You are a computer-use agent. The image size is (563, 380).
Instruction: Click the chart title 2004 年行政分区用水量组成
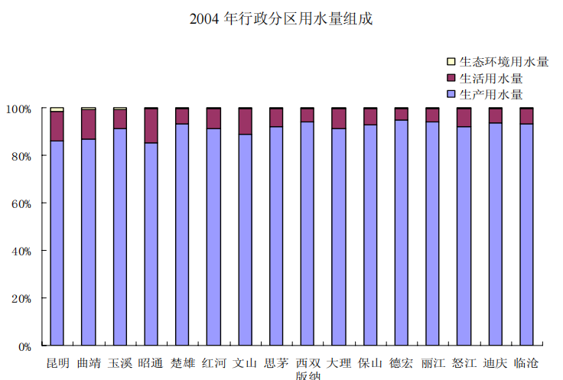click(x=281, y=19)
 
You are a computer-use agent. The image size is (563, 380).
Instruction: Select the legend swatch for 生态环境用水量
click(x=451, y=62)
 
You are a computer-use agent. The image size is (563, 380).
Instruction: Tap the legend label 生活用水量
click(x=491, y=78)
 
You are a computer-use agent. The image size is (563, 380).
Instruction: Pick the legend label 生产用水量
click(x=491, y=95)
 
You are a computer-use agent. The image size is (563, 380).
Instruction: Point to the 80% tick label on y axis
click(x=21, y=157)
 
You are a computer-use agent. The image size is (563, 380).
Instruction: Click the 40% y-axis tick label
click(x=21, y=252)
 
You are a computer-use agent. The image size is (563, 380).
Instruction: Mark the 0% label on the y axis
click(x=24, y=347)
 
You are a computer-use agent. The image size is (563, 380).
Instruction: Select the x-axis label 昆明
click(x=58, y=363)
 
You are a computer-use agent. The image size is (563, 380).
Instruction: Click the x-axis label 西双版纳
click(x=308, y=369)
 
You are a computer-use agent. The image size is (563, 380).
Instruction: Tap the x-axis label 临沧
click(x=526, y=363)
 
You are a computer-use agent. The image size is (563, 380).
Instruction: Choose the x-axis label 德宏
click(x=402, y=363)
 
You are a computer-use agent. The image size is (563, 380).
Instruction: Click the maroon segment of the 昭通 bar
click(x=151, y=126)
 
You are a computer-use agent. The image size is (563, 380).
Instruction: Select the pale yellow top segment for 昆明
click(x=57, y=109)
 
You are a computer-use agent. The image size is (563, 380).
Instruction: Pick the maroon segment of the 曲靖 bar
click(x=88, y=125)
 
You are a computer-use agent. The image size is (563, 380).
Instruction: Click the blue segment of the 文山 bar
click(x=245, y=240)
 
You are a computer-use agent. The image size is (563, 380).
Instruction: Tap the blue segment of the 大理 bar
click(x=339, y=237)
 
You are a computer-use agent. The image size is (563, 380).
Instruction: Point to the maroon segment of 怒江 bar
click(x=464, y=118)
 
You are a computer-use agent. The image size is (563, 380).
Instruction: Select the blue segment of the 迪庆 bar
click(x=496, y=234)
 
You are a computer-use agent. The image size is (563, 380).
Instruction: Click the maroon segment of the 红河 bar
click(x=213, y=119)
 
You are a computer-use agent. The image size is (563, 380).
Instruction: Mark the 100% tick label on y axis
click(x=18, y=109)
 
